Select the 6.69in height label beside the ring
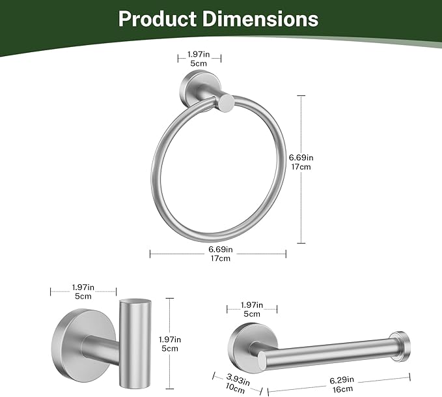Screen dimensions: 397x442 point(301,157)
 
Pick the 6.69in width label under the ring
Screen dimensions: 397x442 point(220,249)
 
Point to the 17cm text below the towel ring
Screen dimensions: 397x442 point(220,259)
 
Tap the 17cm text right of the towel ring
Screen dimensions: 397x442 point(301,167)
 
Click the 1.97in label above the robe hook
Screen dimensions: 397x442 point(83,287)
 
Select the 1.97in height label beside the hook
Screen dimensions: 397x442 point(169,339)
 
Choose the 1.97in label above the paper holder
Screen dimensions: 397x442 point(251,304)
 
